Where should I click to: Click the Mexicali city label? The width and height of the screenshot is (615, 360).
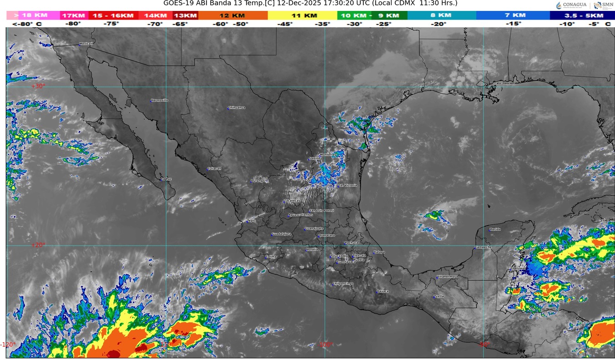click(86, 44)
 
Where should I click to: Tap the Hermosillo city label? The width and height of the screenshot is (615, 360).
click(160, 100)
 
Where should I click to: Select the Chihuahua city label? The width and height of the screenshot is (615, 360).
click(237, 108)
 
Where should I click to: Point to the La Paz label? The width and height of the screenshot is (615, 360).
click(166, 179)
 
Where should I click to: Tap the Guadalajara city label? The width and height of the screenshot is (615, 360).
click(281, 234)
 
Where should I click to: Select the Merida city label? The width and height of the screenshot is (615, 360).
click(495, 229)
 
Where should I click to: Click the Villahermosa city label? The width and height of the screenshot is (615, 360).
click(447, 277)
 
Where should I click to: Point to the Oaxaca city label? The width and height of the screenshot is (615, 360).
click(383, 291)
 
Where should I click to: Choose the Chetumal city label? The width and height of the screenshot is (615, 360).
click(518, 269)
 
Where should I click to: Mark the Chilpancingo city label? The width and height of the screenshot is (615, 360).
click(343, 284)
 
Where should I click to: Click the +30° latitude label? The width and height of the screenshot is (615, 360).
click(39, 86)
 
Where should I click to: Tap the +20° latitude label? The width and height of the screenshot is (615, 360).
click(39, 245)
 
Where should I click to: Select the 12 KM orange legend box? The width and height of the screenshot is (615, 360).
click(232, 15)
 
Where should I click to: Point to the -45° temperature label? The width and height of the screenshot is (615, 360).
click(285, 24)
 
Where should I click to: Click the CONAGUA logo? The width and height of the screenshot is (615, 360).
click(571, 5)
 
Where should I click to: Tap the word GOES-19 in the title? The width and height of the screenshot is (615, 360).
click(178, 3)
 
